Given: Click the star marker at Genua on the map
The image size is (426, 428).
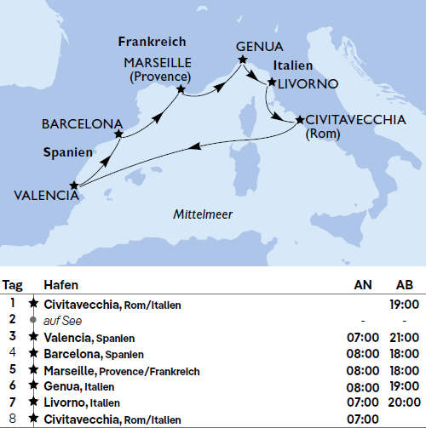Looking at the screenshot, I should coord(243,60).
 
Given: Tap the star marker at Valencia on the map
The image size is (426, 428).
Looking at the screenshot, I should coord(74,184).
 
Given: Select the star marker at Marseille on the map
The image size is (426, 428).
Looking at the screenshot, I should coord(181,88).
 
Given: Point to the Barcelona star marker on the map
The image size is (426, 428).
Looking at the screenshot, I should coord(118,134).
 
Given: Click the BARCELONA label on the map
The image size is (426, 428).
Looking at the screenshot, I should coord(82,124).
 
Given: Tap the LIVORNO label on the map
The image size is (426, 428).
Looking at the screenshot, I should coord(308,83).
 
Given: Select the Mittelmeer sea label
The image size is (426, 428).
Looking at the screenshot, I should coord(203,214).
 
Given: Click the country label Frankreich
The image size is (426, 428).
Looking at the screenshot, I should coord(152,41).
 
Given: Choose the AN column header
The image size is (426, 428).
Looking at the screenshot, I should coord(363,285).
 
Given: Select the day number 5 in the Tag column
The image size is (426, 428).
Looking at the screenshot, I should coord(13,369).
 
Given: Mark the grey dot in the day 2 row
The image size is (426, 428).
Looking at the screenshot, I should coord(33,320).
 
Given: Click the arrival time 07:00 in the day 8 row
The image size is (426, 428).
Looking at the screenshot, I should coord(363,419).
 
